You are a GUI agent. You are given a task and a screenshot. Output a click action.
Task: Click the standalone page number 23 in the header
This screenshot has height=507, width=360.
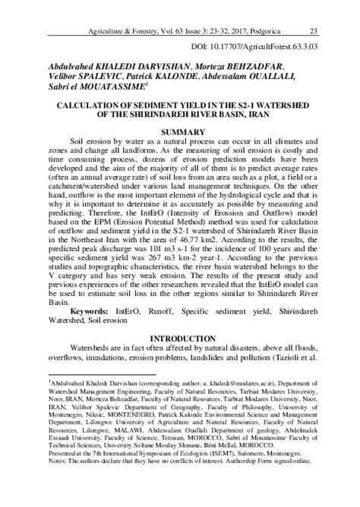(x=314, y=10)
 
